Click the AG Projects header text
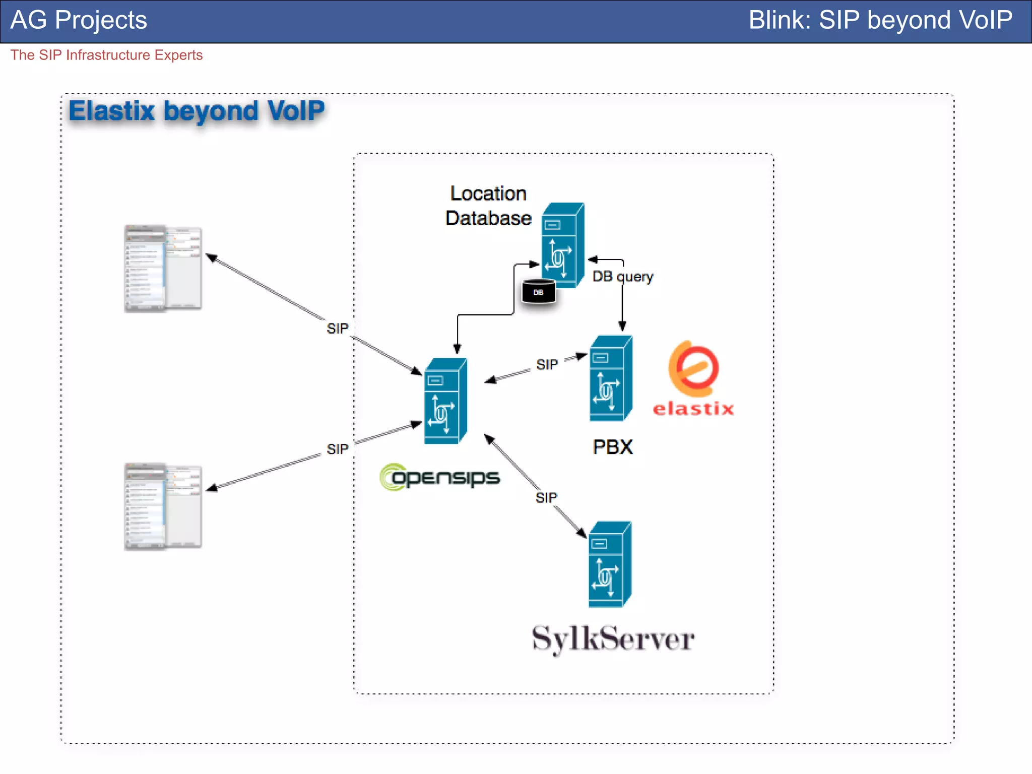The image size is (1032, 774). click(79, 20)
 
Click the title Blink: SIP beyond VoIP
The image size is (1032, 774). click(880, 20)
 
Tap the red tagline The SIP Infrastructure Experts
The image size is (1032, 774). click(106, 55)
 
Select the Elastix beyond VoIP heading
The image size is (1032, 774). click(197, 111)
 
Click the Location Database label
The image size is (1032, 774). click(488, 206)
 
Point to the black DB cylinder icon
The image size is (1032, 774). click(538, 291)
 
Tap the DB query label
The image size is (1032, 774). click(623, 277)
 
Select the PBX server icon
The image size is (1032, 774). click(611, 378)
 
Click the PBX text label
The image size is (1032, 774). click(612, 447)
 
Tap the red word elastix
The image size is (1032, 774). click(693, 408)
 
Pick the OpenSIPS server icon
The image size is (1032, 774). click(445, 401)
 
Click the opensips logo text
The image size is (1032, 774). click(439, 477)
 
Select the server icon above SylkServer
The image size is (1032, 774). click(610, 564)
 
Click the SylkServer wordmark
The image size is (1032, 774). click(613, 639)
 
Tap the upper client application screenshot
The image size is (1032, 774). click(163, 269)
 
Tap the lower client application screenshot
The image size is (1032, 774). click(163, 506)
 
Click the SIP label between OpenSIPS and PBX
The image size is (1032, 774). click(547, 364)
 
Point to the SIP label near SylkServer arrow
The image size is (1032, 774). click(546, 498)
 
